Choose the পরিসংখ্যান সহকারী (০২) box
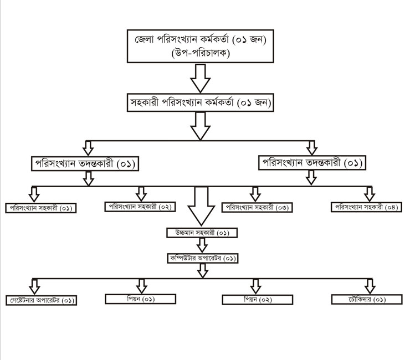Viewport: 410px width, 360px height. point(140,207)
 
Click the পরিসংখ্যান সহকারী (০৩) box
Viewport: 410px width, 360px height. point(257,208)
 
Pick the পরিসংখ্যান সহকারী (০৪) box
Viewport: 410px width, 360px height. point(366,207)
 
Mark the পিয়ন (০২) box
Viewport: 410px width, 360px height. point(257,300)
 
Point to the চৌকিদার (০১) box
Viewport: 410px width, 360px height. point(367,299)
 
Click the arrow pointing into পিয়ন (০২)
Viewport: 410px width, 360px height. point(255,286)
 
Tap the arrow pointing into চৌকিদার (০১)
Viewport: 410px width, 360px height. point(369,286)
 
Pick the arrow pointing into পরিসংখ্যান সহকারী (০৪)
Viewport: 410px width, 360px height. point(369,194)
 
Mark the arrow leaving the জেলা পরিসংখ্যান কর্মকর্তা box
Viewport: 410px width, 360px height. point(200,78)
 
